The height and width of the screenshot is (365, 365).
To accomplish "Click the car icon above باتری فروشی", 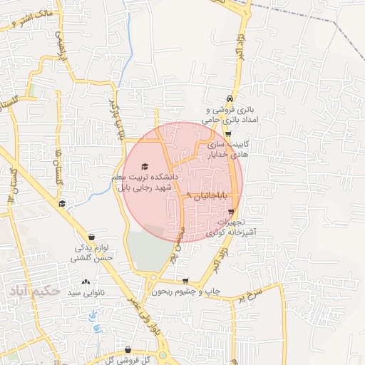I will [229, 98].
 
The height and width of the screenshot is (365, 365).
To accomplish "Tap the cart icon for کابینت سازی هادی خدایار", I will [227, 133].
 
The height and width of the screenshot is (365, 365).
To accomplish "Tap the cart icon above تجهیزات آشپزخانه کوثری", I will [231, 212].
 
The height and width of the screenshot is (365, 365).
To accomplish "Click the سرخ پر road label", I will [252, 293].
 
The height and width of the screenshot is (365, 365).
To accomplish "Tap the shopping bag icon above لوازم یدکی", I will [91, 237].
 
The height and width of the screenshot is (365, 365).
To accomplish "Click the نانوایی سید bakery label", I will [86, 293].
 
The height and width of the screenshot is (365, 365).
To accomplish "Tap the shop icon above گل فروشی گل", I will [127, 350].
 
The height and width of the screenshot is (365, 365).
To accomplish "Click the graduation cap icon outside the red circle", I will [63, 205].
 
